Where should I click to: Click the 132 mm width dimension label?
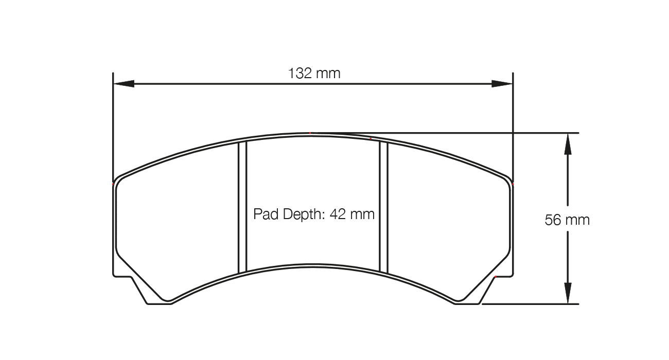click(314, 74)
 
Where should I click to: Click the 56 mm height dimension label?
click(567, 220)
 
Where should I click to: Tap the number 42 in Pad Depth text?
click(338, 214)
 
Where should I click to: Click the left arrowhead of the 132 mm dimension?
click(124, 84)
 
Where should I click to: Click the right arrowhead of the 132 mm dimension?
click(502, 84)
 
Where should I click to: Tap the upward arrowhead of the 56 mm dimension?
click(568, 144)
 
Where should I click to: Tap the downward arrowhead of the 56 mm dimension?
click(568, 293)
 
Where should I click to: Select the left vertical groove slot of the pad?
click(242, 207)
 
